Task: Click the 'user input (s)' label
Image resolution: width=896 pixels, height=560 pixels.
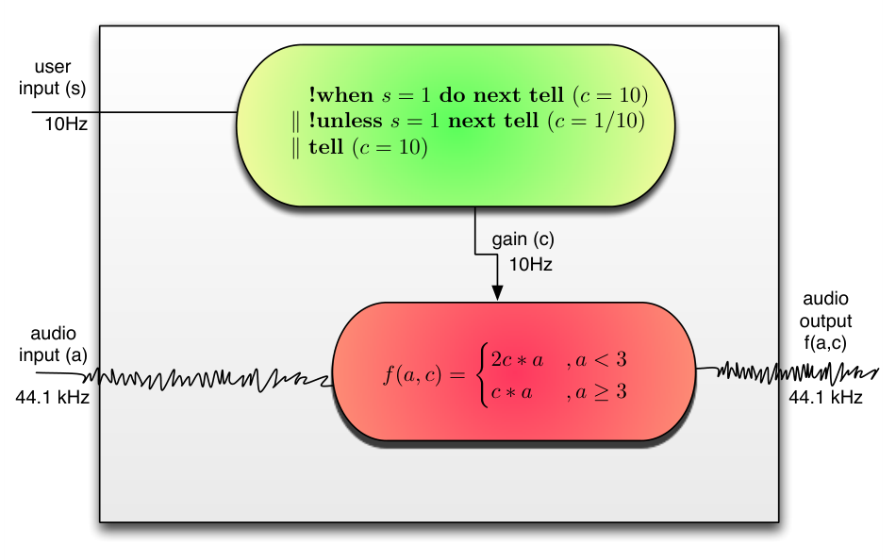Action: click(53, 77)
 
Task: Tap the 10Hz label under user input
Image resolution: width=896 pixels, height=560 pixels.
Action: click(66, 124)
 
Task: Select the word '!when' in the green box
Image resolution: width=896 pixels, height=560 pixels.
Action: click(341, 95)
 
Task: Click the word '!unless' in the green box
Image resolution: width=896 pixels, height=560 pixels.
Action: click(345, 121)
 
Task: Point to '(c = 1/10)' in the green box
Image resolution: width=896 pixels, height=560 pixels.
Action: click(596, 121)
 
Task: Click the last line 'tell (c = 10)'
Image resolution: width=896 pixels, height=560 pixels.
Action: click(368, 147)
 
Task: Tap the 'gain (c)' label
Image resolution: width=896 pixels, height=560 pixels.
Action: click(523, 239)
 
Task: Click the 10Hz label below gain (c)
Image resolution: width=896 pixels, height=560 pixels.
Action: click(530, 265)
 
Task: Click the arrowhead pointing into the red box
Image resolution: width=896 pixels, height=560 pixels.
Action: click(497, 292)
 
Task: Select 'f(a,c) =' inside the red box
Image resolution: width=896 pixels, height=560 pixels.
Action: click(424, 375)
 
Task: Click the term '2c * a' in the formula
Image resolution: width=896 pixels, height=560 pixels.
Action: click(517, 360)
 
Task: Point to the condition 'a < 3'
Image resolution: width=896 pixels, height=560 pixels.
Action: click(601, 359)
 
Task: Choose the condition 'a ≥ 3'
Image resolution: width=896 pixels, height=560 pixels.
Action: click(601, 391)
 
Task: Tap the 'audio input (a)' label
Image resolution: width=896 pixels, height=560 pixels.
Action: click(53, 344)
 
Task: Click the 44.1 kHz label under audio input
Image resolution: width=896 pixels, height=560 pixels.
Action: click(53, 397)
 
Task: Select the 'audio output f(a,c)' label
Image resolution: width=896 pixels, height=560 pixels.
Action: click(825, 321)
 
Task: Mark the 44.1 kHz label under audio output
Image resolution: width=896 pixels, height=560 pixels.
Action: click(825, 397)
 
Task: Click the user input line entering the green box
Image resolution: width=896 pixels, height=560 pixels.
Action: click(134, 112)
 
